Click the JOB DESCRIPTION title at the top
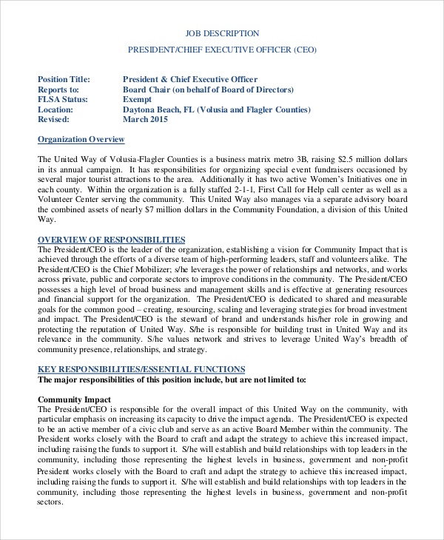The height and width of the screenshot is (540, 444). point(222,33)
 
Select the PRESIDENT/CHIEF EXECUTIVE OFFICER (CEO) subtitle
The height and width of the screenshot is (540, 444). point(222,50)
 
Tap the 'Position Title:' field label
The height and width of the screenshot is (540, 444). point(64,79)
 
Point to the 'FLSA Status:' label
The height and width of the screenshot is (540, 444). point(62,99)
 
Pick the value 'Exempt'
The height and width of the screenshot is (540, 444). point(137,99)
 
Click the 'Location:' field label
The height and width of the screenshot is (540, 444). point(55,109)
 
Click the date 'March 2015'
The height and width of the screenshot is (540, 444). point(145,119)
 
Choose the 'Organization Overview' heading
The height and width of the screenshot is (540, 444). point(81,139)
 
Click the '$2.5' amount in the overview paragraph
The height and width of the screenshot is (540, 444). point(347,159)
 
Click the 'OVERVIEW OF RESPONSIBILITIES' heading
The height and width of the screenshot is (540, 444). point(111,240)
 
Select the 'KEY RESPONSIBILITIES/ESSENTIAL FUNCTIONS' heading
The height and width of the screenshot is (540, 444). point(141,369)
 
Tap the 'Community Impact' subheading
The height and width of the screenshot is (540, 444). point(74,399)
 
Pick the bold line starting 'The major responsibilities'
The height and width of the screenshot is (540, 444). point(172,379)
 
